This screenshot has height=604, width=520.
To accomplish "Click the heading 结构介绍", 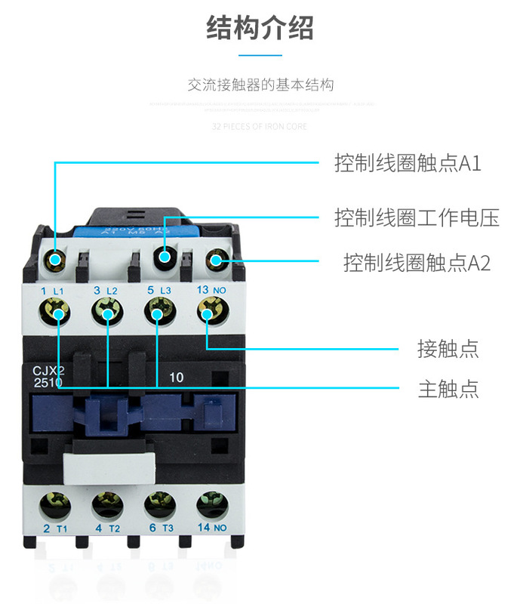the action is point(260,29).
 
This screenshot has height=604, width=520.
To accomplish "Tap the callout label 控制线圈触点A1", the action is point(408,164).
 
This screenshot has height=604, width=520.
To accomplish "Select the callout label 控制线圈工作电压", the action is point(417,218).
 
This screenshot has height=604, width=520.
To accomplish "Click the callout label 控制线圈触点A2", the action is point(417,263).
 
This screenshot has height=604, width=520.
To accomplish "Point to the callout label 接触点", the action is point(448,349).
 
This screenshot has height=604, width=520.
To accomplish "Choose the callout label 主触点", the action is point(448,389).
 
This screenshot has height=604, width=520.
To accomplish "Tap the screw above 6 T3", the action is point(155,501).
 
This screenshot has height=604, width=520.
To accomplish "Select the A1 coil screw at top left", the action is point(55,260).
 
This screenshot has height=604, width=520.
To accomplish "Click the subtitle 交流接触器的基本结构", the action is point(260,85).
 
